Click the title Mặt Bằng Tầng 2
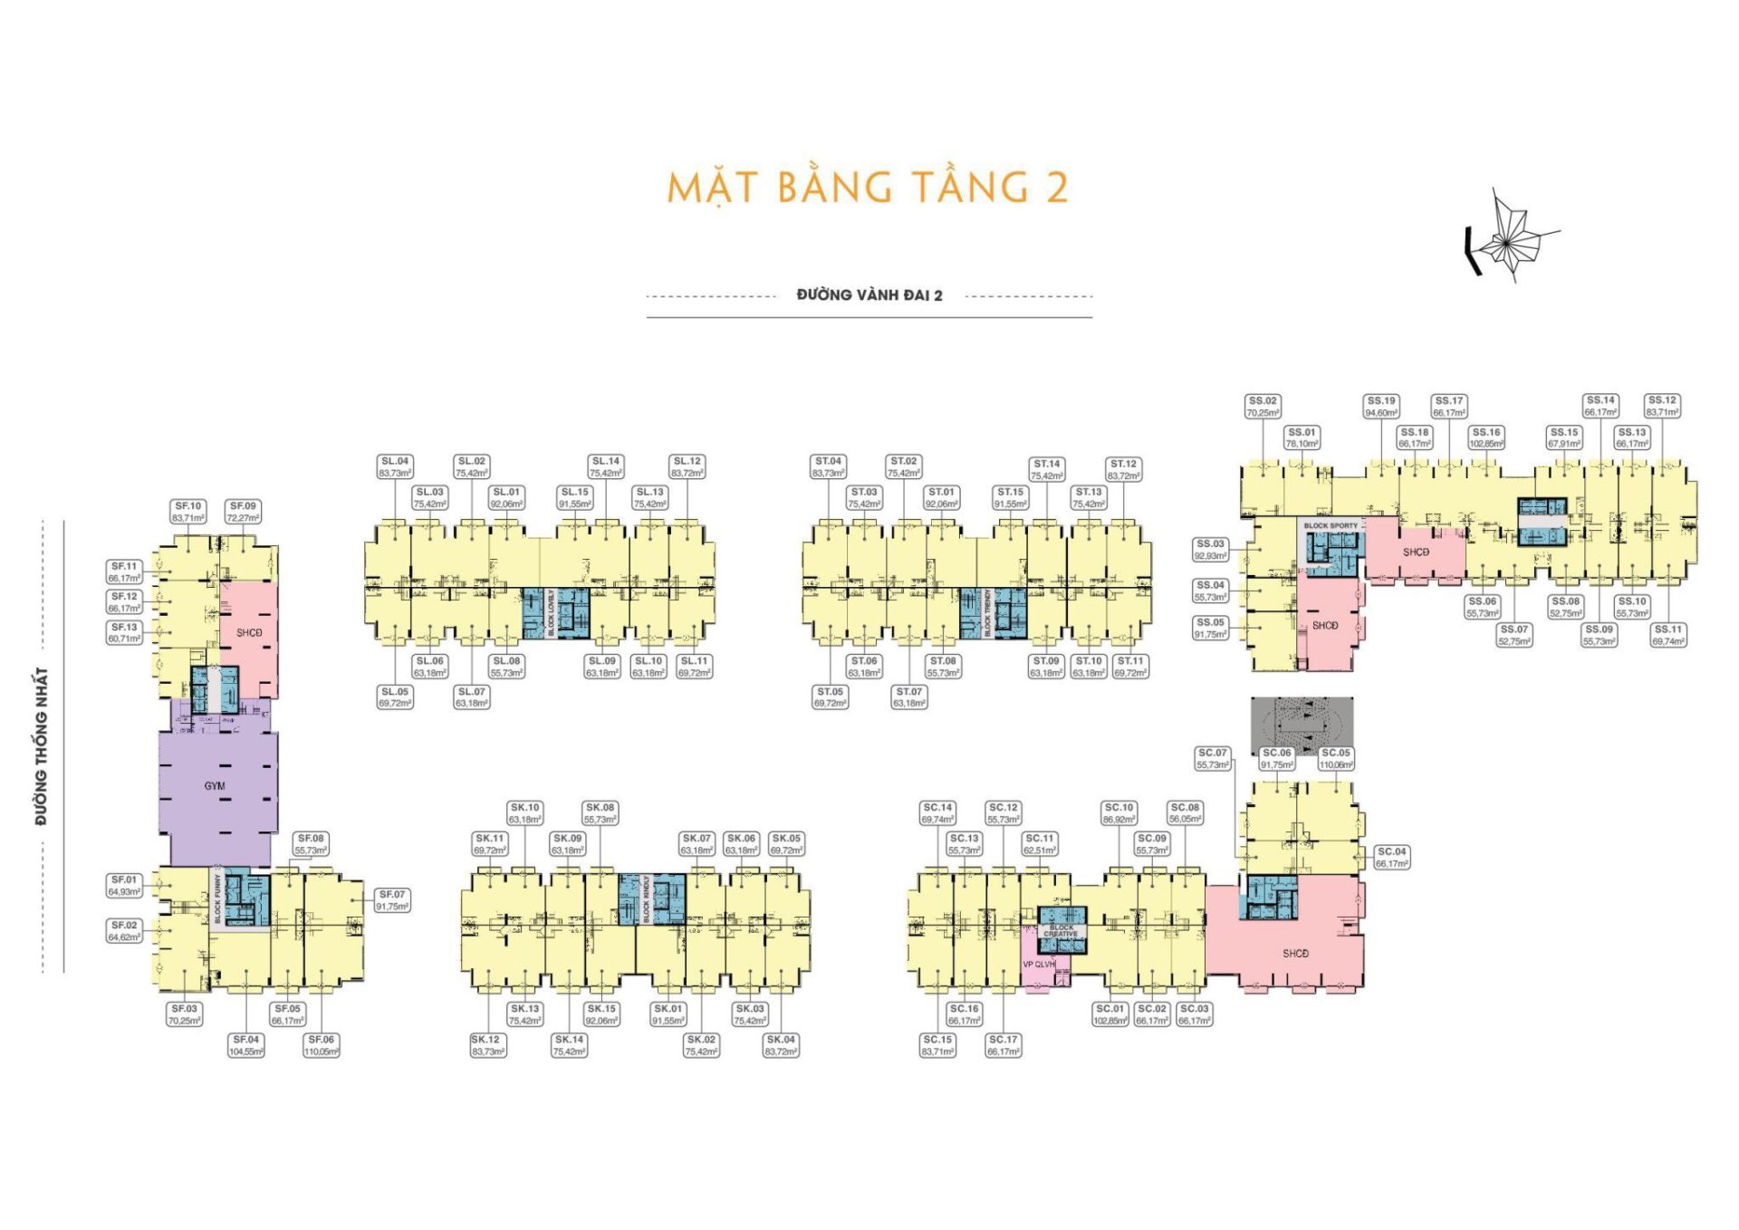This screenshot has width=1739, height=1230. coord(868,187)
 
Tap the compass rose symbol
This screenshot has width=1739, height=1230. coord(1507,238)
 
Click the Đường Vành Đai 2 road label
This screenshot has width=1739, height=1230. coord(869,295)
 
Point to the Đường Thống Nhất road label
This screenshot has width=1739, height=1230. coord(42,746)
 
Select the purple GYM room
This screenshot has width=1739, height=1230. coord(215,786)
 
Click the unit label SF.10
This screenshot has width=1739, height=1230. coord(188,512)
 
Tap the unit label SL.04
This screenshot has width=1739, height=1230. coord(395,466)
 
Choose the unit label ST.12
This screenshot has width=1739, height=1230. coord(1123,469)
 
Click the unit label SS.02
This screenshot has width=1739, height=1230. coord(1263,406)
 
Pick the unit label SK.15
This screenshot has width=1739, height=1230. coord(601,1014)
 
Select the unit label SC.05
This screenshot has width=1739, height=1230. coord(1336,758)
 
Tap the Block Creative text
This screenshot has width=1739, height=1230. coord(1061,931)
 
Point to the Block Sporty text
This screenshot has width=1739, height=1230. coord(1331,525)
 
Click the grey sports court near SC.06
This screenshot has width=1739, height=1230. coord(1302,726)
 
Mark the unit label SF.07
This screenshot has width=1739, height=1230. coord(392,900)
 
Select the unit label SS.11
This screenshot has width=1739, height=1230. coord(1667,635)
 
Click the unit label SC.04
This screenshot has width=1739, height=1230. coord(1391,857)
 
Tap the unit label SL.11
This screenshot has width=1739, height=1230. coord(695,667)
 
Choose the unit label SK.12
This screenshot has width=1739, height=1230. coord(487,1045)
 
